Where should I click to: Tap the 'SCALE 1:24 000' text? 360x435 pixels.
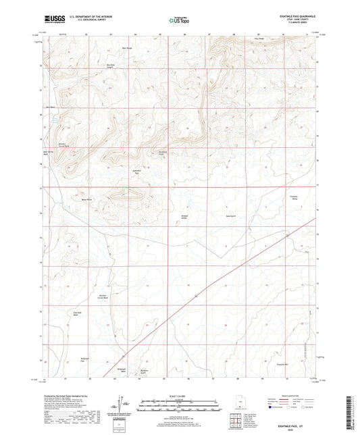(180, 395)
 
